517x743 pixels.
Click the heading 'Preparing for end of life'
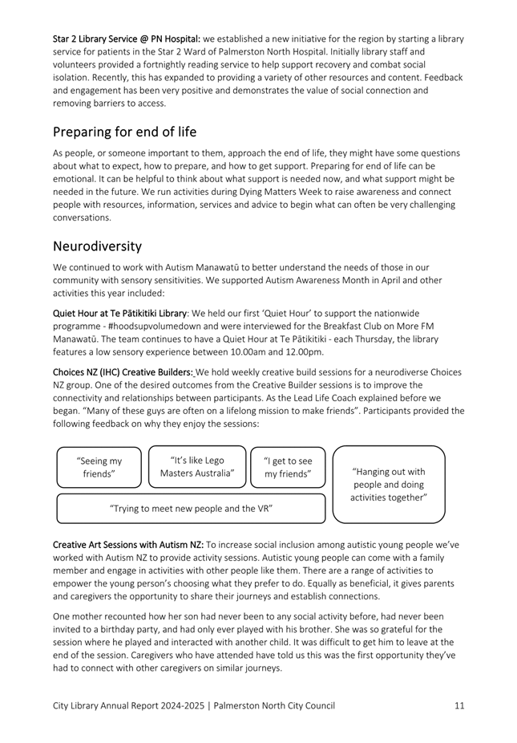[x=124, y=132]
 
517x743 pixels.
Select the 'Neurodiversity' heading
[x=97, y=246]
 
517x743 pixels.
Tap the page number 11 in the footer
[x=458, y=705]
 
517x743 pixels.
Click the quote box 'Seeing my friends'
[x=99, y=467]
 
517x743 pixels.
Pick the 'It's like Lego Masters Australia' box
[x=197, y=466]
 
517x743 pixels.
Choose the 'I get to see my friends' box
[x=288, y=467]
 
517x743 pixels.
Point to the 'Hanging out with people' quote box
[x=389, y=485]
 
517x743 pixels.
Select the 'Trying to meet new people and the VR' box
[x=191, y=508]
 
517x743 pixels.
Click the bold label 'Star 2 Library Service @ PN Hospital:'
[x=127, y=39]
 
